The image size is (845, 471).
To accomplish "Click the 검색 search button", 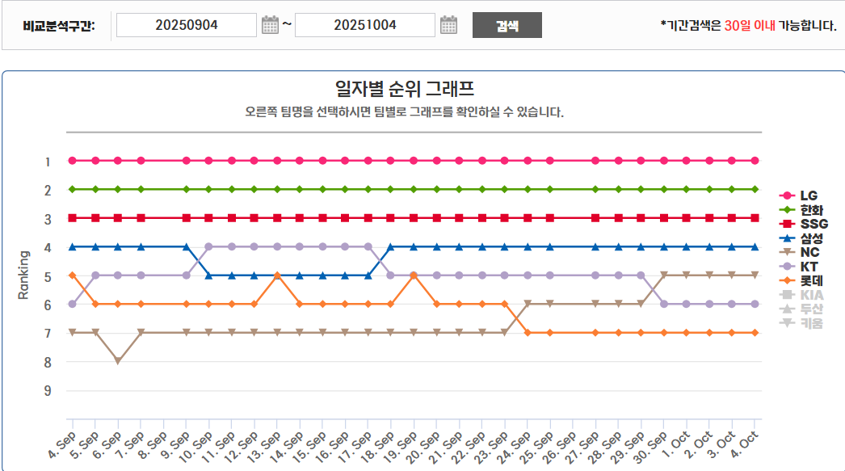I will [507, 25].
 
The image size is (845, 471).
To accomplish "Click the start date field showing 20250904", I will [186, 25].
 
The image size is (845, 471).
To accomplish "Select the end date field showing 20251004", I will [364, 25].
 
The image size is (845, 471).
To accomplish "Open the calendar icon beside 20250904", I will [270, 25].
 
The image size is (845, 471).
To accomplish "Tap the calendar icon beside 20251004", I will [448, 25].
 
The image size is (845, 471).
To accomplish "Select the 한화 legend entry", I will [809, 210].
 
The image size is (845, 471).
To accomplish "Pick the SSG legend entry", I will [813, 224].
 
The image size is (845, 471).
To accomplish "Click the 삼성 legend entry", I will [811, 238].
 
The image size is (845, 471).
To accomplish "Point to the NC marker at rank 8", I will [118, 361].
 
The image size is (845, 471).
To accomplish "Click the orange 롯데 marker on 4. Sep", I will [73, 275].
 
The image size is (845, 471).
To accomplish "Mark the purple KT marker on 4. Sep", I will [73, 304].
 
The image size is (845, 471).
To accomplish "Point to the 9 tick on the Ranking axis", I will [48, 390].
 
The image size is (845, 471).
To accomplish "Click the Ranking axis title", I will [23, 275].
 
